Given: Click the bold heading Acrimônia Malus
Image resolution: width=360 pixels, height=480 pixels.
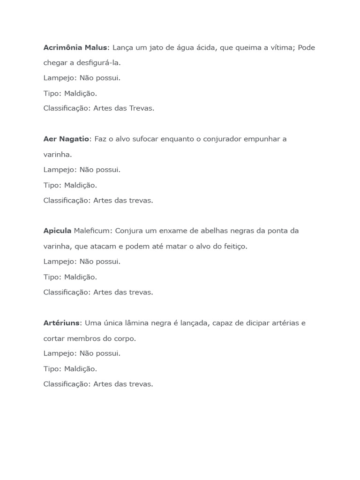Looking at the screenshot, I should coord(75,47).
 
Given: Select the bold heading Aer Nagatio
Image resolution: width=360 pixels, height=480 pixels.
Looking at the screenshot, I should coord(66,139).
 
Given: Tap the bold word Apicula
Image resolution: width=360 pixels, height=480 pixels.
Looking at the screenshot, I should coord(57,231).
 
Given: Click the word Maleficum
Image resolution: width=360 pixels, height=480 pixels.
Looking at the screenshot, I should coord(92,231).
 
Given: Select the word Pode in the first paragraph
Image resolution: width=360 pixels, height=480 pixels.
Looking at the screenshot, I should coord(307,47).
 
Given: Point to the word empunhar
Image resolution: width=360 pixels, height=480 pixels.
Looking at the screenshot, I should coord(262,139).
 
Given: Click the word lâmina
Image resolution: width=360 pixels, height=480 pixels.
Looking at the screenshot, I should coord(135,322).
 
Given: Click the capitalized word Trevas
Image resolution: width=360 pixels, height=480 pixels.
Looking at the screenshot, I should coord(141,108).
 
